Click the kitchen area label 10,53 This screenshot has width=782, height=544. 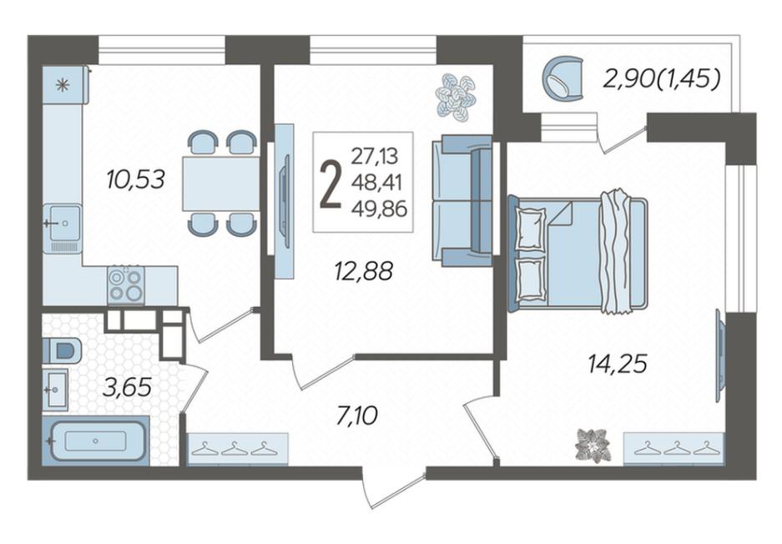coord(136,179)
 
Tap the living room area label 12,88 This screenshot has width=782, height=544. coord(364,272)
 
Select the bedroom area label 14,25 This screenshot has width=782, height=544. coord(618,364)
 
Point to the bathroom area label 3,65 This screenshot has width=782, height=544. coord(127,387)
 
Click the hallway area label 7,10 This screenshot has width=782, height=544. coord(357,416)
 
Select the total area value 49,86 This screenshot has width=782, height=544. coord(379,209)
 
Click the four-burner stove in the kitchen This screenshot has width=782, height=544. coord(126,285)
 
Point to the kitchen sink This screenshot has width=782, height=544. coord(63,229)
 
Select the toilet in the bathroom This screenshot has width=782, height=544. coord(62,350)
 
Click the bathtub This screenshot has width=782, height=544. coord(95,441)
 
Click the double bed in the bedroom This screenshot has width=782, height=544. coord(578,254)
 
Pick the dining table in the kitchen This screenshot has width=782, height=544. coord(221,183)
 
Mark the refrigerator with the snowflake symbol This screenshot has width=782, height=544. coord(65,85)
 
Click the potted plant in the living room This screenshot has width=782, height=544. coord(456,98)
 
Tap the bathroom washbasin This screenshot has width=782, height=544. coord(55,390)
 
